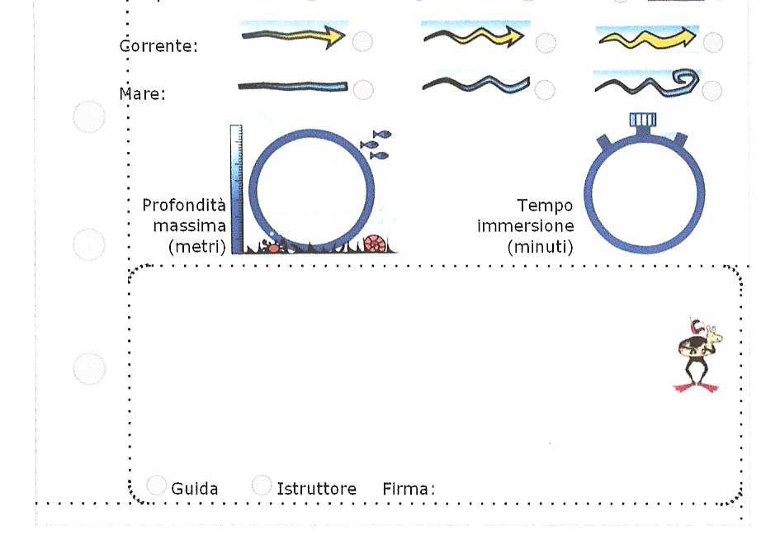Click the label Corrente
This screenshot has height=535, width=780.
pyautogui.click(x=159, y=45)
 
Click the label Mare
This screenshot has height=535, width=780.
pyautogui.click(x=143, y=93)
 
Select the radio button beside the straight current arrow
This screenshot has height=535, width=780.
pyautogui.click(x=362, y=41)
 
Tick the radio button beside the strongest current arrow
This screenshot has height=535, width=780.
pyautogui.click(x=713, y=42)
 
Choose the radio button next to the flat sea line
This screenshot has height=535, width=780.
pyautogui.click(x=362, y=89)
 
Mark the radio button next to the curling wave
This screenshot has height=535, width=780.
pyautogui.click(x=711, y=90)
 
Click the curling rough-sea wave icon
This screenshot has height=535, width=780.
pyautogui.click(x=646, y=83)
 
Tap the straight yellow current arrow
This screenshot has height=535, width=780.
pyautogui.click(x=293, y=36)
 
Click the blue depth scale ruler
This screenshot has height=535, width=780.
pyautogui.click(x=236, y=188)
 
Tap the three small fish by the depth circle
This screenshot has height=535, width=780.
pyautogui.click(x=376, y=144)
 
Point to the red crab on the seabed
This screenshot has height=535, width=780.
pyautogui.click(x=272, y=246)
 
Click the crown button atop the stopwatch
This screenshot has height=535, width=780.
pyautogui.click(x=643, y=121)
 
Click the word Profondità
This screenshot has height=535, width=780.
pyautogui.click(x=184, y=205)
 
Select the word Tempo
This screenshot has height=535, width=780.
pyautogui.click(x=544, y=205)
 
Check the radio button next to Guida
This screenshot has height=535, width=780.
pyautogui.click(x=156, y=485)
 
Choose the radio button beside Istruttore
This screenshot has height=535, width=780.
pyautogui.click(x=262, y=485)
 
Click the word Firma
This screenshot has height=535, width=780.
pyautogui.click(x=408, y=489)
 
